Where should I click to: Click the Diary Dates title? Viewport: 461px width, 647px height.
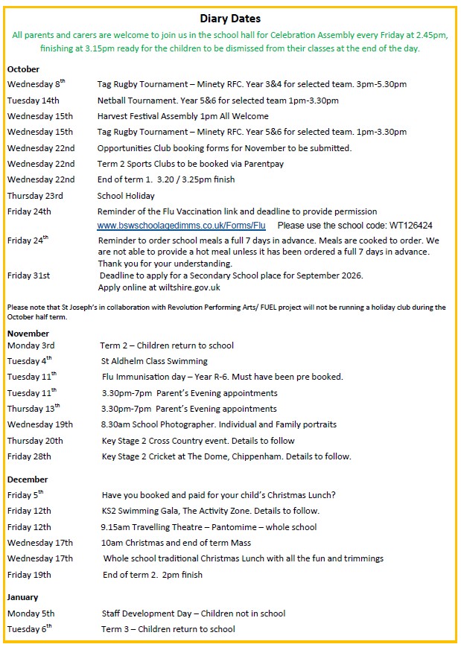click(230, 19)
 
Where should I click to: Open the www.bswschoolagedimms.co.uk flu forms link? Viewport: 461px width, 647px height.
click(181, 225)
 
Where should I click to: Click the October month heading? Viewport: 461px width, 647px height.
click(23, 69)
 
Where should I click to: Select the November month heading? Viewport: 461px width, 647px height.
click(28, 334)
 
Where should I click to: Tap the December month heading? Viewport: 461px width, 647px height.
click(28, 479)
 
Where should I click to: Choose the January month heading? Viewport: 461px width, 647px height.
click(22, 597)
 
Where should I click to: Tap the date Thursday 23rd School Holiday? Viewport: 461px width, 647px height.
click(35, 196)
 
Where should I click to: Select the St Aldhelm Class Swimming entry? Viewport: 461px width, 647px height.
click(155, 361)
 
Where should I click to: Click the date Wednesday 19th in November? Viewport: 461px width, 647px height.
click(40, 424)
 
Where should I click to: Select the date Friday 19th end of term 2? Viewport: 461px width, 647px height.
click(29, 575)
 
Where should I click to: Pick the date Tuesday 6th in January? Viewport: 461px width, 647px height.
click(30, 629)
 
